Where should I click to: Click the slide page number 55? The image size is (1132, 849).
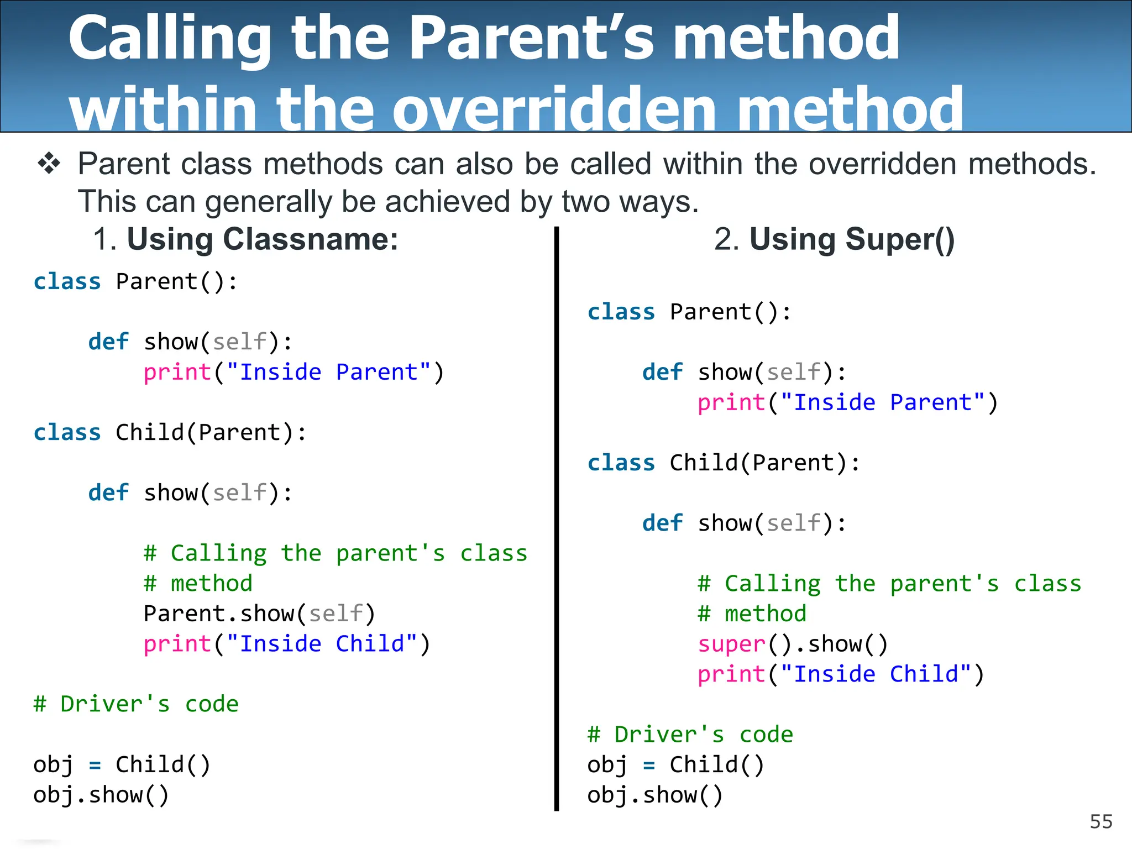[1100, 822]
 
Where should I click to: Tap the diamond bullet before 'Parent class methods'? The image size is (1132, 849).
[49, 164]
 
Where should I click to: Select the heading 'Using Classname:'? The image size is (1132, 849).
[263, 239]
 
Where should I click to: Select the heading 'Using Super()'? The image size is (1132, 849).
[851, 239]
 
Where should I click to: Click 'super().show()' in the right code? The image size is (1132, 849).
[792, 644]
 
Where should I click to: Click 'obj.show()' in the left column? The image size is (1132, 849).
[101, 795]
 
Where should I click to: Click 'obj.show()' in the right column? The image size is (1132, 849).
[655, 795]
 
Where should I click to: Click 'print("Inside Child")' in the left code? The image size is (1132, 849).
[287, 644]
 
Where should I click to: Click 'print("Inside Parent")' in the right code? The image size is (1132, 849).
[847, 403]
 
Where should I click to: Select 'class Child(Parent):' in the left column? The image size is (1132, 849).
[170, 433]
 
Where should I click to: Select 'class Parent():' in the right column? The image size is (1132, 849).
[689, 312]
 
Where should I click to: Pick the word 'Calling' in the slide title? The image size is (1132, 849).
[170, 39]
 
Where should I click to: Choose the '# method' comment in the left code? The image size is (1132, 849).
[198, 584]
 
